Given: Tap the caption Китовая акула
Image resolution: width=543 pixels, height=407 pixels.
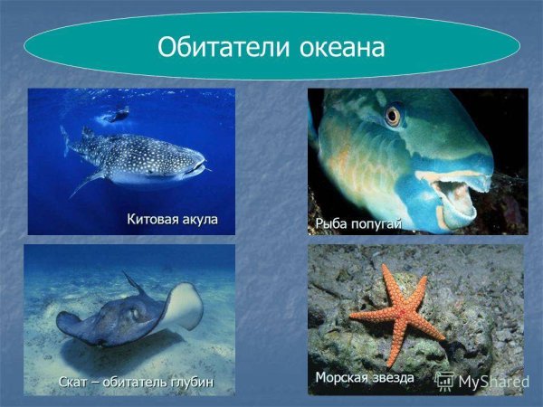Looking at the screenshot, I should pyautogui.click(x=172, y=219).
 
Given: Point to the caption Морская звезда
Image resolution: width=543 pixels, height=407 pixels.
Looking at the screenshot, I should pyautogui.click(x=365, y=376).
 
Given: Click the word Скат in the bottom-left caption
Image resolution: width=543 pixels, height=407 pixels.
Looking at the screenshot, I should pyautogui.click(x=75, y=382).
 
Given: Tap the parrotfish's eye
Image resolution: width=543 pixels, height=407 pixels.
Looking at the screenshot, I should pyautogui.click(x=392, y=115).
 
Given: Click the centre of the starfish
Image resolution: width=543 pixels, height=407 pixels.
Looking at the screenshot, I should pyautogui.click(x=396, y=313).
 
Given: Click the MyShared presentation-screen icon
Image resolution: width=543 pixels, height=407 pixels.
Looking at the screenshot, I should pyautogui.click(x=445, y=381).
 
